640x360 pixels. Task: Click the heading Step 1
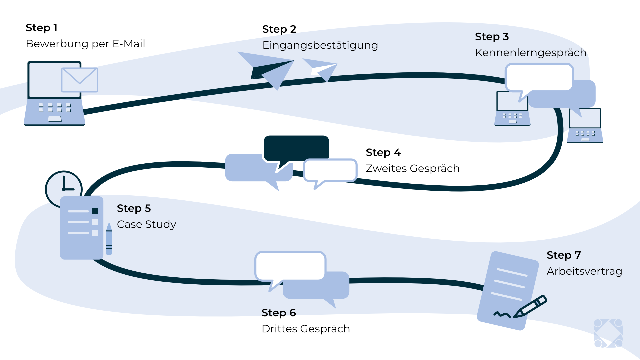point(42,28)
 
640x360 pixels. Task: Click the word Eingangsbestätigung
point(320,45)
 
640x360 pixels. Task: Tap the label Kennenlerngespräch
point(530,53)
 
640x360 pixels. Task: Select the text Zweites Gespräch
point(412,169)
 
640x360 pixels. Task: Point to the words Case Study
point(146,225)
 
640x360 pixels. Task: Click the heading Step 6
point(279,313)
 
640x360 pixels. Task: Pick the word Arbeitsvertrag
point(584,271)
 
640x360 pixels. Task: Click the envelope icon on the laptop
point(80,80)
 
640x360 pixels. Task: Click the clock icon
point(64,188)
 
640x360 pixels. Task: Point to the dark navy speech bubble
point(296,148)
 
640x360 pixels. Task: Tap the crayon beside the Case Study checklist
point(109,239)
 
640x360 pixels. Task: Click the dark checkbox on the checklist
point(95,211)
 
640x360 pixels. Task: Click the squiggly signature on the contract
point(502,314)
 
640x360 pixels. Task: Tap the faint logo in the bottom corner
point(608,333)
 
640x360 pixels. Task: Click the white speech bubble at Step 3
point(539,78)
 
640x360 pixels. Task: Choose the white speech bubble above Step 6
point(290,266)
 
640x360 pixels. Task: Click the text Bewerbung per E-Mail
point(85,44)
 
